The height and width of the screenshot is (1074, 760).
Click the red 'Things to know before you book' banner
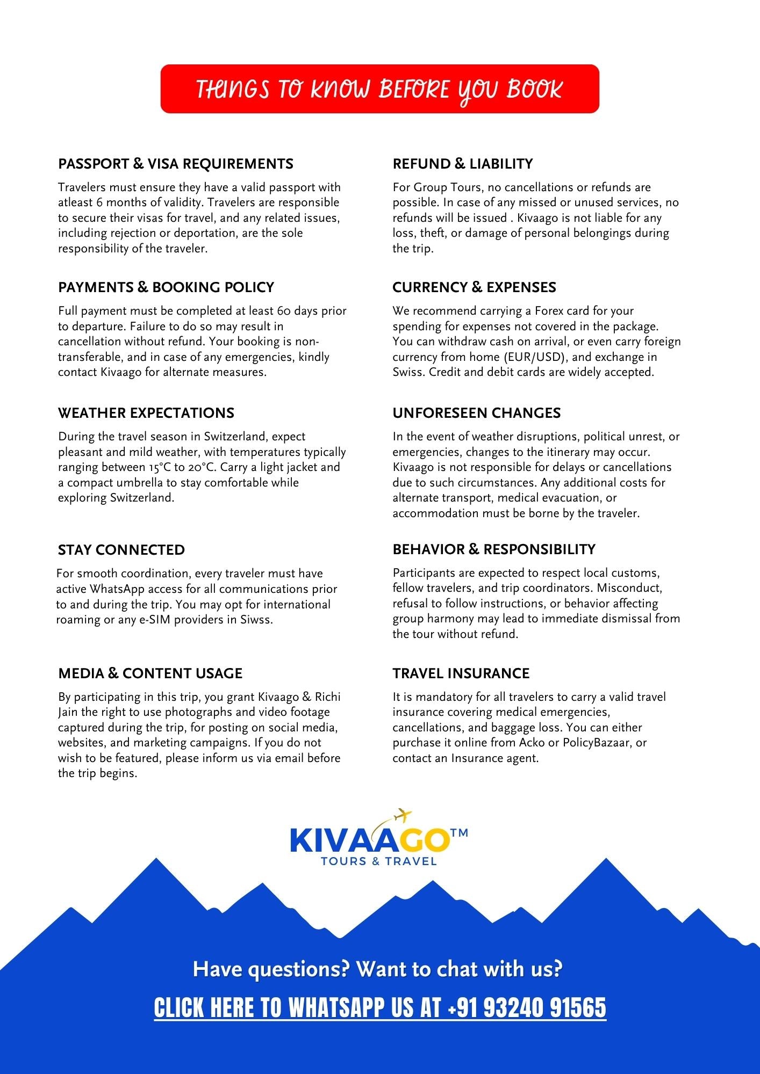point(379,89)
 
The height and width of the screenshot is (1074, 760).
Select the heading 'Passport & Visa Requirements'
point(176,164)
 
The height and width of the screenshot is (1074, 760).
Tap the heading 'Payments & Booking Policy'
point(166,287)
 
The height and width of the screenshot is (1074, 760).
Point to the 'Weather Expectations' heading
point(146,413)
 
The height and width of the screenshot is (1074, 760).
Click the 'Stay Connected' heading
point(121,550)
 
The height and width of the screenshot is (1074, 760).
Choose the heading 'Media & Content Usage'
point(150,673)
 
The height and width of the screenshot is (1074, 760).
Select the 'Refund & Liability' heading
point(463,164)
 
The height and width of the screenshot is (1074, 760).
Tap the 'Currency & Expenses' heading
point(474,287)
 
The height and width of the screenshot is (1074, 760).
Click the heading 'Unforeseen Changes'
point(476,413)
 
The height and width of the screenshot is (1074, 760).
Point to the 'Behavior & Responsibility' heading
point(494,549)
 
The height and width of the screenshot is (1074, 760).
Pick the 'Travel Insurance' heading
point(461,673)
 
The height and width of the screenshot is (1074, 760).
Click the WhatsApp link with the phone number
point(380,1007)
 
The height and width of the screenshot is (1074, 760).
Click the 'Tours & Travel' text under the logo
point(378,861)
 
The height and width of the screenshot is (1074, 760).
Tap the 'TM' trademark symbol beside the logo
point(459,833)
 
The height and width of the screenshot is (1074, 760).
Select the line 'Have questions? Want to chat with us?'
point(377,969)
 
